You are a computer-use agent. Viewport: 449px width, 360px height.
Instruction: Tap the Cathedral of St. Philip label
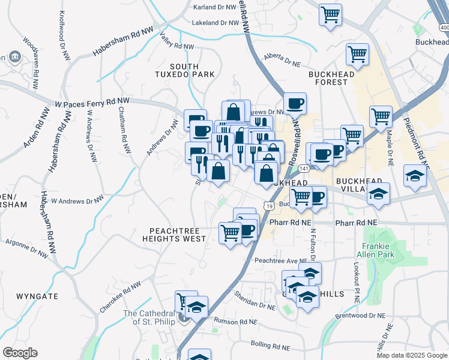click(x=149, y=317)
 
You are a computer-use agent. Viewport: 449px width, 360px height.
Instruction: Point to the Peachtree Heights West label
click(x=174, y=235)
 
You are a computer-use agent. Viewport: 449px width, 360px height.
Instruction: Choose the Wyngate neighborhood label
click(x=37, y=296)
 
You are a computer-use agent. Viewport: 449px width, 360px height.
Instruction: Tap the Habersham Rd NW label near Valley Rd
click(x=123, y=41)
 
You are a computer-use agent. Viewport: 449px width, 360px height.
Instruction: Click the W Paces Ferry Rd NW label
click(x=91, y=103)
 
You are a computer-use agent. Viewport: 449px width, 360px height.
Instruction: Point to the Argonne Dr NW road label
click(x=26, y=248)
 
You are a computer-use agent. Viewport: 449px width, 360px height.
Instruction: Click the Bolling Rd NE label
click(x=270, y=347)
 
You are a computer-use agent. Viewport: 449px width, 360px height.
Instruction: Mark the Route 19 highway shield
click(x=271, y=206)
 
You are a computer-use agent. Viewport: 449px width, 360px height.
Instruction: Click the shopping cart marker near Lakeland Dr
click(x=330, y=14)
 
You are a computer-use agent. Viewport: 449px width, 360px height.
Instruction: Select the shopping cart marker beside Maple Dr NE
click(x=381, y=116)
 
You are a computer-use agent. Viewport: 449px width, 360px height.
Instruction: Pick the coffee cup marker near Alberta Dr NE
click(x=295, y=103)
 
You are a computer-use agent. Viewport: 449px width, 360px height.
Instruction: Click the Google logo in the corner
click(x=20, y=353)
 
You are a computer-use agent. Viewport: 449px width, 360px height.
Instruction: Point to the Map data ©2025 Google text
click(x=412, y=355)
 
